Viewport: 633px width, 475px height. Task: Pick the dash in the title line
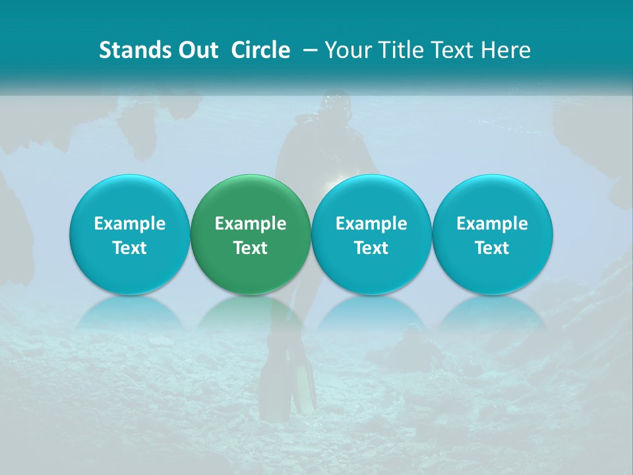point(309,50)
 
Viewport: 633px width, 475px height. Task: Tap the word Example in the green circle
point(251,224)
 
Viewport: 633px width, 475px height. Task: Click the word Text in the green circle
point(251,248)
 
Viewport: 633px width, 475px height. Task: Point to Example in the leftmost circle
point(129,224)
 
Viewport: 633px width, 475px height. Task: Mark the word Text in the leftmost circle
point(129,248)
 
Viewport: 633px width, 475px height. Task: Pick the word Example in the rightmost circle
point(492,224)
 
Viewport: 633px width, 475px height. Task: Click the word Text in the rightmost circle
point(492,248)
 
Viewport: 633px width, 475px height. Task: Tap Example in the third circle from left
point(371,224)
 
